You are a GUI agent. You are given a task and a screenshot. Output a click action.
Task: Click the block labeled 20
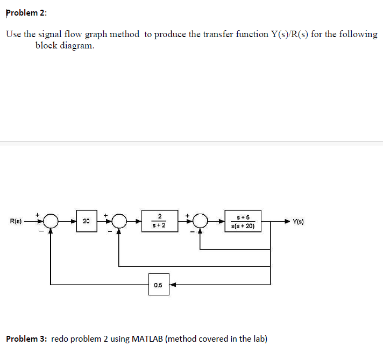(x=86, y=221)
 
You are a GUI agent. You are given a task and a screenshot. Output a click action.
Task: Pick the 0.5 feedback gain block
(x=159, y=284)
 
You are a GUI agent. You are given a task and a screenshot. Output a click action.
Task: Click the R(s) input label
(x=16, y=221)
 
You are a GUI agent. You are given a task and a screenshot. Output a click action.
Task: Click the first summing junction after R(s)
(x=51, y=221)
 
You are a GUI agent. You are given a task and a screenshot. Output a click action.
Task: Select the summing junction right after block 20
(x=119, y=221)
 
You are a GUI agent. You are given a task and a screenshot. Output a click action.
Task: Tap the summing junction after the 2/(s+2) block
(x=200, y=221)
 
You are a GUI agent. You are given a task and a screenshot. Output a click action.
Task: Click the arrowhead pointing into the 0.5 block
(x=173, y=284)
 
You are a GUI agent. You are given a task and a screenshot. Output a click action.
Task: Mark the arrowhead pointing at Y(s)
(x=288, y=221)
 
